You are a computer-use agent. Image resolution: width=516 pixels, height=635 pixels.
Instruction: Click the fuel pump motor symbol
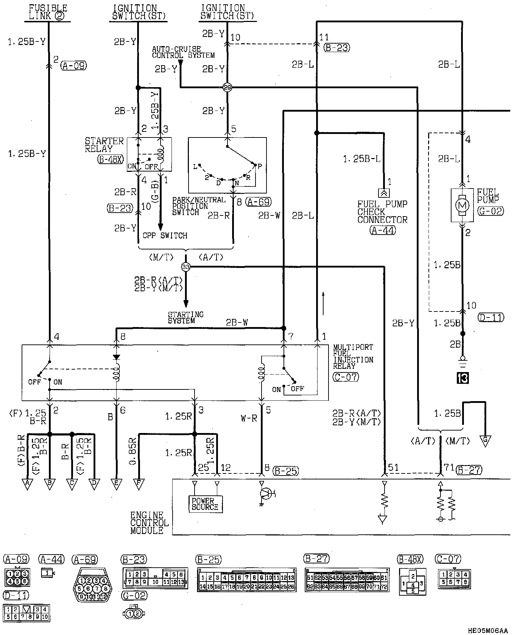pos(462,205)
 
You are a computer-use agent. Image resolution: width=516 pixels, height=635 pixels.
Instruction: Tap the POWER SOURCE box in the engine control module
pos(205,504)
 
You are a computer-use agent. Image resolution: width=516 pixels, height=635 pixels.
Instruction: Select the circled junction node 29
pos(228,87)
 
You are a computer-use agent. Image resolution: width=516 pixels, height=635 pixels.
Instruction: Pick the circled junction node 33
pos(186,266)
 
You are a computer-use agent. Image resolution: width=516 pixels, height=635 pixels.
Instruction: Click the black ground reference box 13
pos(462,378)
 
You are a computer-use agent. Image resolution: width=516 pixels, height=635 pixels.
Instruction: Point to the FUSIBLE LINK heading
pos(48,12)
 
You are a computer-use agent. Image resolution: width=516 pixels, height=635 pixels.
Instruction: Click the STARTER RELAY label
pos(104,145)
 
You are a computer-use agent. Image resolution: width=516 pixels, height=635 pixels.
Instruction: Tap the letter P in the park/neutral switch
pos(260,166)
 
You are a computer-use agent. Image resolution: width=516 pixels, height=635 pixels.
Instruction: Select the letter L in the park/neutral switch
pos(195,167)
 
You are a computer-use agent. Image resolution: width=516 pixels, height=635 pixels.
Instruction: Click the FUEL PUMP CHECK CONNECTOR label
pos(382,212)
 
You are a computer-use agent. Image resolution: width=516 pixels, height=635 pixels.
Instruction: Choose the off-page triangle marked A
pos(27,484)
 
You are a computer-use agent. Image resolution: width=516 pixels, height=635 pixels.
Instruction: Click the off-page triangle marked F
pos(139,484)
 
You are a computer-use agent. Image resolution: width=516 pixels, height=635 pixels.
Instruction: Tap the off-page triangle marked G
pos(485,441)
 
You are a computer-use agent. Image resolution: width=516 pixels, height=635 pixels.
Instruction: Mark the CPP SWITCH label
pos(165,236)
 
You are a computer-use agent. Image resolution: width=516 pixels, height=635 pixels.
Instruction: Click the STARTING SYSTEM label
pos(186,317)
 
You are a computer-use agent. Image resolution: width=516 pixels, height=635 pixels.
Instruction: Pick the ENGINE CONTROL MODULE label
pos(149,523)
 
